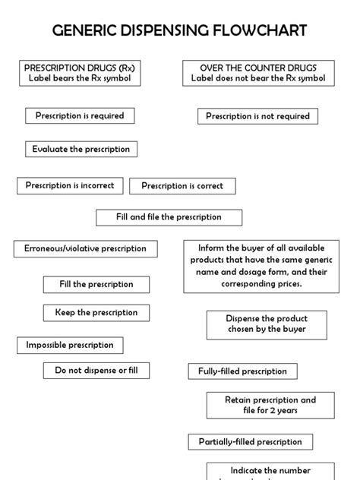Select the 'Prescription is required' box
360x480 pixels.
point(80,116)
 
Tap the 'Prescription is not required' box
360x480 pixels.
point(258,116)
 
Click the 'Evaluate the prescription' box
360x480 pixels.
point(81,150)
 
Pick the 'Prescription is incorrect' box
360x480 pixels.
point(70,185)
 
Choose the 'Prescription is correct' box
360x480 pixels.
point(182,186)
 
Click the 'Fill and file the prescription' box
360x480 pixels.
point(169,217)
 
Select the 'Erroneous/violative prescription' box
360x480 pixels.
point(85,248)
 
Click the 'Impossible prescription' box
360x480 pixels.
point(70,346)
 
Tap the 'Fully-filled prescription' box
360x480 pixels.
point(243,371)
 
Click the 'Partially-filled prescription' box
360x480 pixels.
point(251,442)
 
